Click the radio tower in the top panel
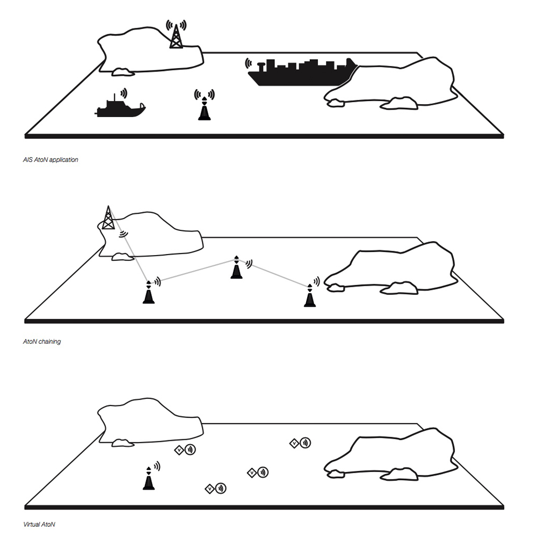pyautogui.click(x=176, y=37)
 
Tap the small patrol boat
pyautogui.click(x=120, y=108)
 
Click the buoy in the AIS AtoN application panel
pyautogui.click(x=205, y=109)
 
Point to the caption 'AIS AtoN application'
pyautogui.click(x=50, y=160)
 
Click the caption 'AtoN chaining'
pyautogui.click(x=42, y=342)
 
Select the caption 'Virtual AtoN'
pyautogui.click(x=39, y=524)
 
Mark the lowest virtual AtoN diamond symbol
pyautogui.click(x=209, y=489)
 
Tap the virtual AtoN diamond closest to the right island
pyautogui.click(x=294, y=444)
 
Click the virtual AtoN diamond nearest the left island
pyautogui.click(x=179, y=450)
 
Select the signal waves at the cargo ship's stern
pyautogui.click(x=248, y=63)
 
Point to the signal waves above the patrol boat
pyautogui.click(x=124, y=93)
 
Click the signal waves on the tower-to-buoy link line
pyautogui.click(x=124, y=234)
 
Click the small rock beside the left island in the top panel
pyautogui.click(x=122, y=72)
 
